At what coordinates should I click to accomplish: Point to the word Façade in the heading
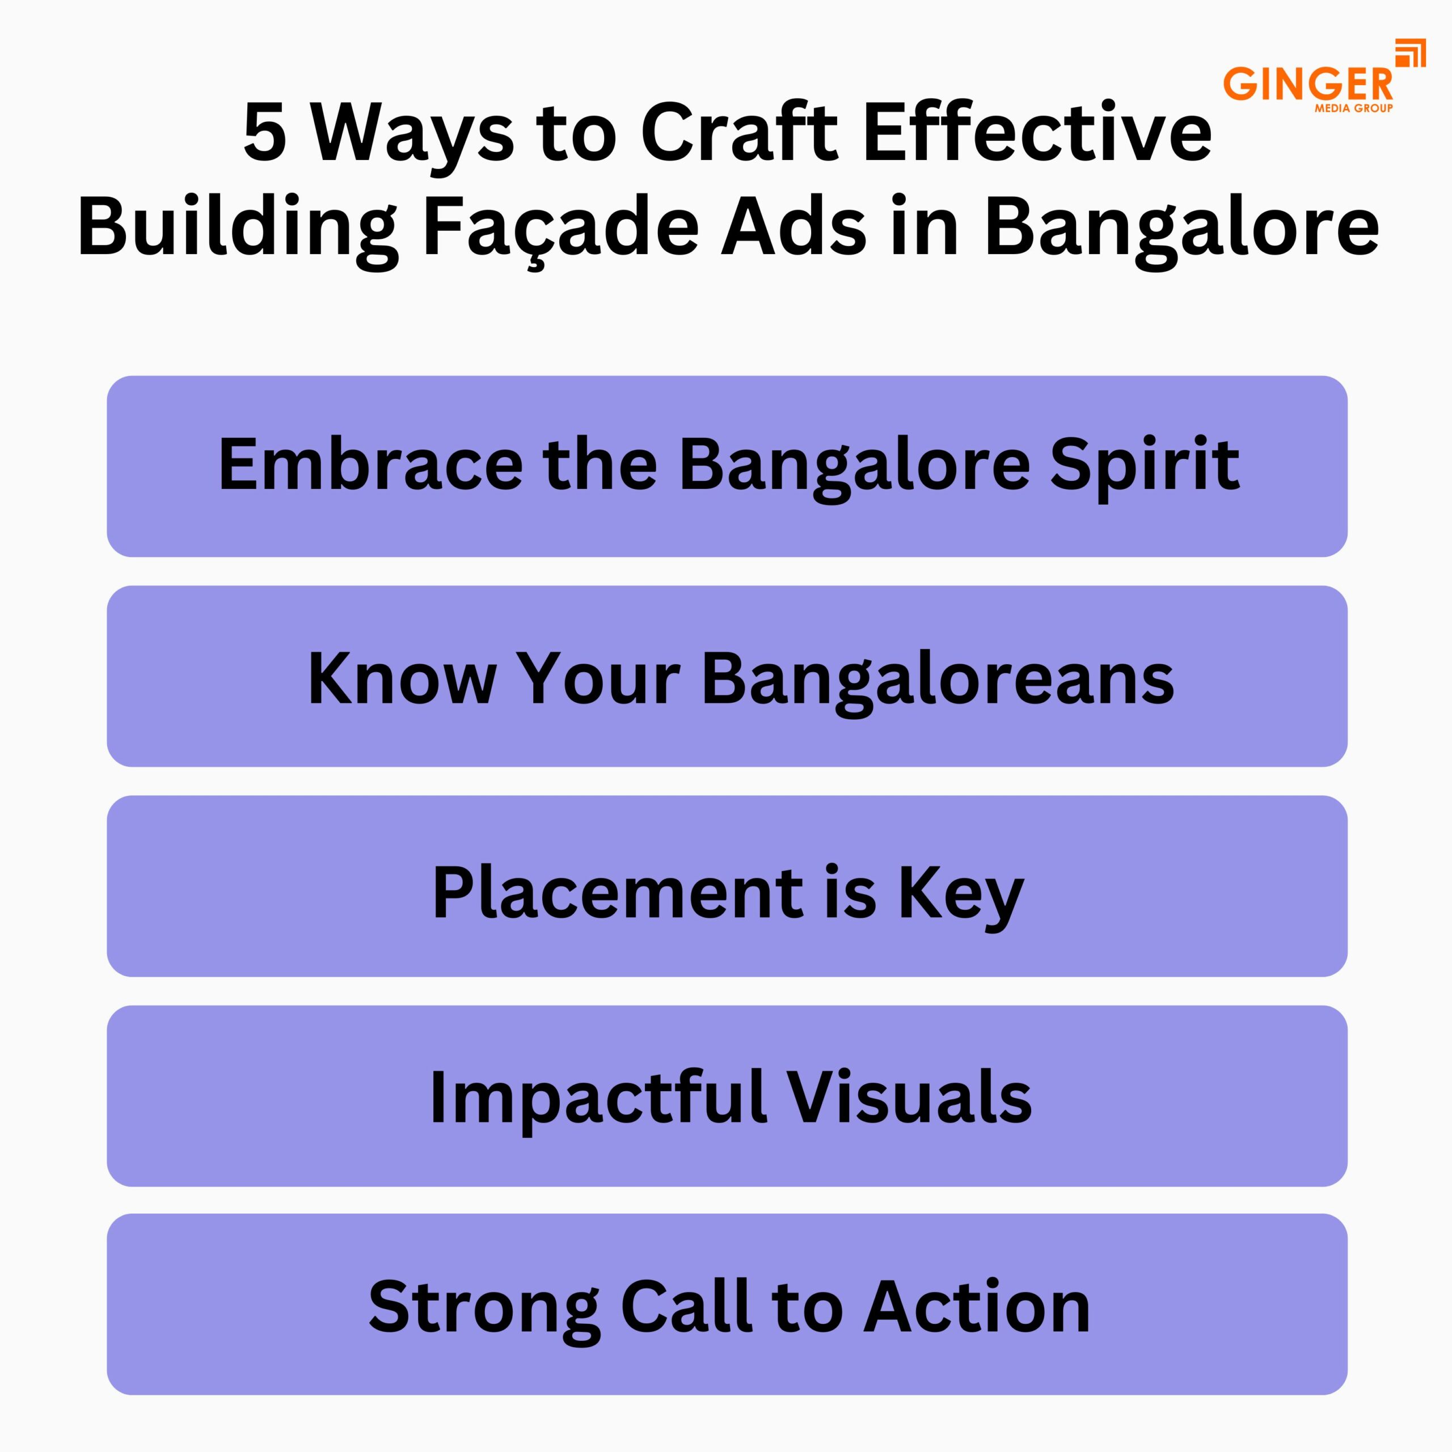(x=562, y=226)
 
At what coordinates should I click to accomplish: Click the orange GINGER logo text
(x=1309, y=83)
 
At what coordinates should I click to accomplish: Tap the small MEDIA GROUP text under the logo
(x=1354, y=108)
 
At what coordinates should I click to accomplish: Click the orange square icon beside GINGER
(x=1410, y=53)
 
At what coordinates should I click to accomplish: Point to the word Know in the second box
(x=402, y=679)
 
